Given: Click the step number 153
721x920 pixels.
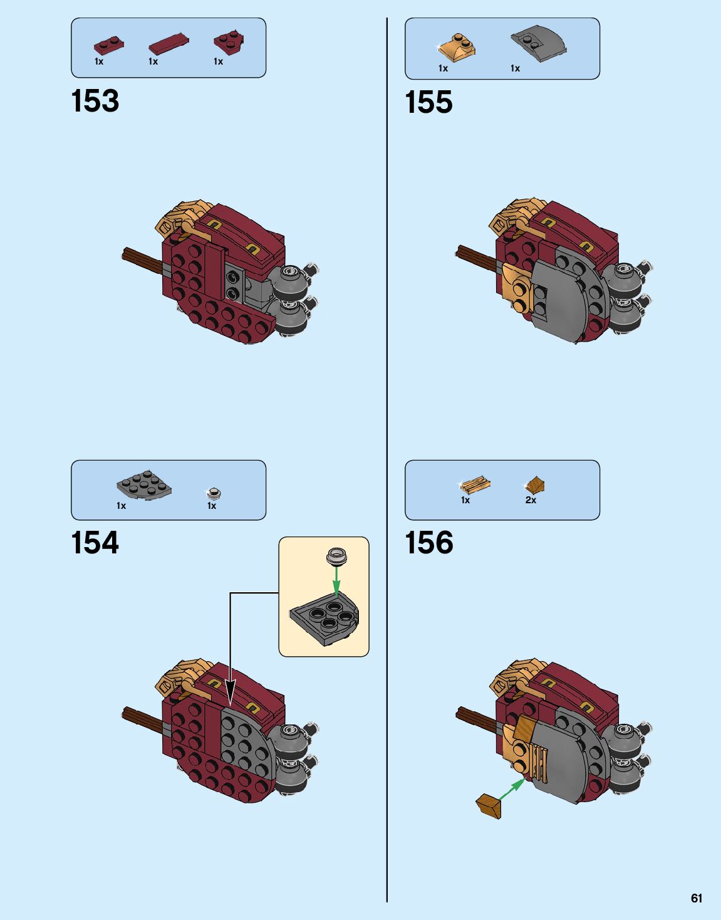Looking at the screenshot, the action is [x=95, y=102].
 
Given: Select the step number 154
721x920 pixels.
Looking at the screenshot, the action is [x=95, y=543].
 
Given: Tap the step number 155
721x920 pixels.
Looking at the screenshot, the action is [x=429, y=103].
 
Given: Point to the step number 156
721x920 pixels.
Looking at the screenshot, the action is [x=429, y=543].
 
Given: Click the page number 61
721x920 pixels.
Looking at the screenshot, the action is [x=697, y=898].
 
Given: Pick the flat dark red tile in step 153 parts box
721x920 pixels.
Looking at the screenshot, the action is [x=169, y=44].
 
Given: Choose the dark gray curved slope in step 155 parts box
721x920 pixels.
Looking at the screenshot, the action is [x=538, y=43].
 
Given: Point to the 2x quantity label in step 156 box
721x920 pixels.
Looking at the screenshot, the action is [x=531, y=500].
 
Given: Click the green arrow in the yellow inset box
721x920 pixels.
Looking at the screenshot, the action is [x=336, y=580].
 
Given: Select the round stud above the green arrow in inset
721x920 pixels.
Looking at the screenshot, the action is [x=336, y=555].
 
